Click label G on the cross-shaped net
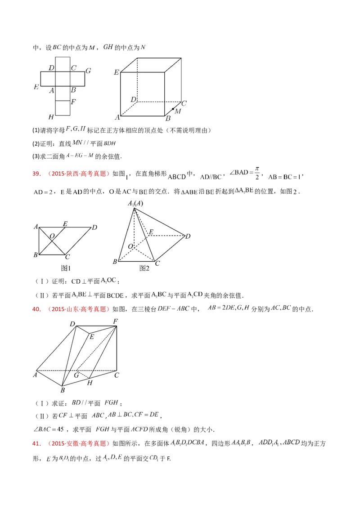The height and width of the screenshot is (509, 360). tap(88, 71)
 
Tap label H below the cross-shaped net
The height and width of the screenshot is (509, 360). tap(51, 117)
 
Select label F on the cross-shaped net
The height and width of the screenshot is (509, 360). tap(73, 102)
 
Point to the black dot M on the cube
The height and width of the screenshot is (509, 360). tap(173, 109)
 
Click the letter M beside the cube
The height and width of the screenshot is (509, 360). tap(178, 112)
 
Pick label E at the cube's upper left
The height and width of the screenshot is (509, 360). tap(116, 72)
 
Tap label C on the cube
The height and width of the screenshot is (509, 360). tap(184, 103)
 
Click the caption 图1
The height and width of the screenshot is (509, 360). tap(66, 268)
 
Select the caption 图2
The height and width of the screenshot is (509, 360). tap(144, 268)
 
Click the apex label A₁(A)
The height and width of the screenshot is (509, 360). tap(135, 204)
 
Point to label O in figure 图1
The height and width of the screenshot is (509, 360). tap(53, 236)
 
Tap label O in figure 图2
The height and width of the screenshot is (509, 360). tap(130, 246)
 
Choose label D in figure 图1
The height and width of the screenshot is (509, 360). tap(94, 228)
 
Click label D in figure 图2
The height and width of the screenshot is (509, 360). tap(188, 236)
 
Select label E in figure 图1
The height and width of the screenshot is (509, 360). tap(65, 223)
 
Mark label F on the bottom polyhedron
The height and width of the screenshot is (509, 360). tap(116, 321)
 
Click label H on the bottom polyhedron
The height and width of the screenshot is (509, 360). tap(90, 383)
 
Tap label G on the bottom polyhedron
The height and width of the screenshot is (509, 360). tap(76, 375)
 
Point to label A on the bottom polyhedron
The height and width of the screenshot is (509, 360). tap(35, 375)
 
